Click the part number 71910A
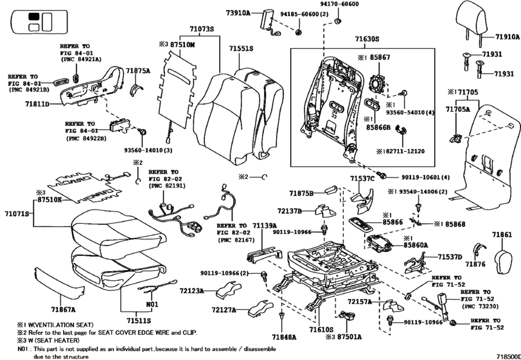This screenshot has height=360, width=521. tap(506, 37)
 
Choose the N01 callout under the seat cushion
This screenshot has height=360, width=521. tap(151, 304)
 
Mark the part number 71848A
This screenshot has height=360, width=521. tap(284, 336)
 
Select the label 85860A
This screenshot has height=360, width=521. tap(416, 246)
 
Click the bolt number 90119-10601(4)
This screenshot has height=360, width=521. tap(421, 177)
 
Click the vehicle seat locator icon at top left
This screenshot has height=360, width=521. tap(33, 21)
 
